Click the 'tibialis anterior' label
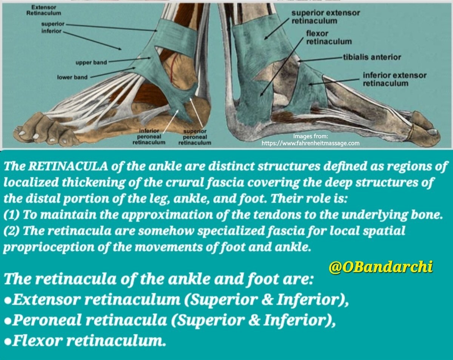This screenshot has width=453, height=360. pyautogui.click(x=372, y=57)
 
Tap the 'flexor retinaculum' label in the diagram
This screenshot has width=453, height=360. pyautogui.click(x=328, y=37)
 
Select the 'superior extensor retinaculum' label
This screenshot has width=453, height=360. pyautogui.click(x=325, y=17)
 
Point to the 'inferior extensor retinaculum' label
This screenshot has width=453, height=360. pyautogui.click(x=394, y=79)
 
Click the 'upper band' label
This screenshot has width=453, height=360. pyautogui.click(x=91, y=62)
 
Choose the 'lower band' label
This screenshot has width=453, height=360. pyautogui.click(x=72, y=77)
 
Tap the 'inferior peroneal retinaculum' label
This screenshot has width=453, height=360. pyautogui.click(x=149, y=137)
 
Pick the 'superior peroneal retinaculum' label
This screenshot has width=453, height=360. pyautogui.click(x=194, y=137)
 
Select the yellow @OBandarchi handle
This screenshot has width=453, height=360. pyautogui.click(x=380, y=267)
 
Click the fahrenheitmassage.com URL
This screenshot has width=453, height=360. pyautogui.click(x=311, y=143)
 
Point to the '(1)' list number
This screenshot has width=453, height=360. pyautogui.click(x=12, y=214)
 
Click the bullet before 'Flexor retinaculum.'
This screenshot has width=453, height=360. pyautogui.click(x=8, y=342)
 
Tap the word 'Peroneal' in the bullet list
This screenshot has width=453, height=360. pyautogui.click(x=47, y=321)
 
